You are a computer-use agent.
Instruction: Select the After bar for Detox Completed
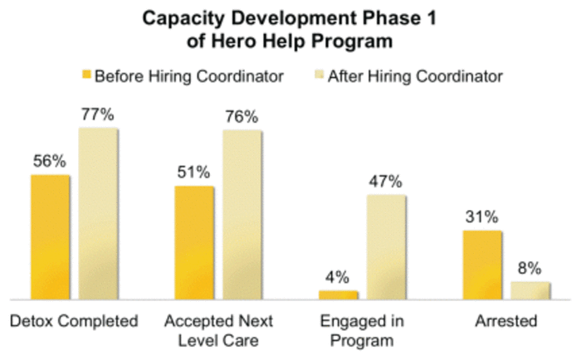click(x=98, y=213)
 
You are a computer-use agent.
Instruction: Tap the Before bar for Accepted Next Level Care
click(x=194, y=242)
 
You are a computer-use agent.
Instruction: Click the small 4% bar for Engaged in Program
click(x=339, y=294)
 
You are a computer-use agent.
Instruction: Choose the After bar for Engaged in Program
click(x=386, y=246)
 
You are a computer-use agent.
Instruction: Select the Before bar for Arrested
click(x=482, y=265)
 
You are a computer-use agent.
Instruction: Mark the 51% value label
click(x=194, y=173)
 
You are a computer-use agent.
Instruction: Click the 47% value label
click(x=386, y=182)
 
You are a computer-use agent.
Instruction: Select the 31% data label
click(x=482, y=217)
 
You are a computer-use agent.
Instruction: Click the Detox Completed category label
click(x=72, y=321)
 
